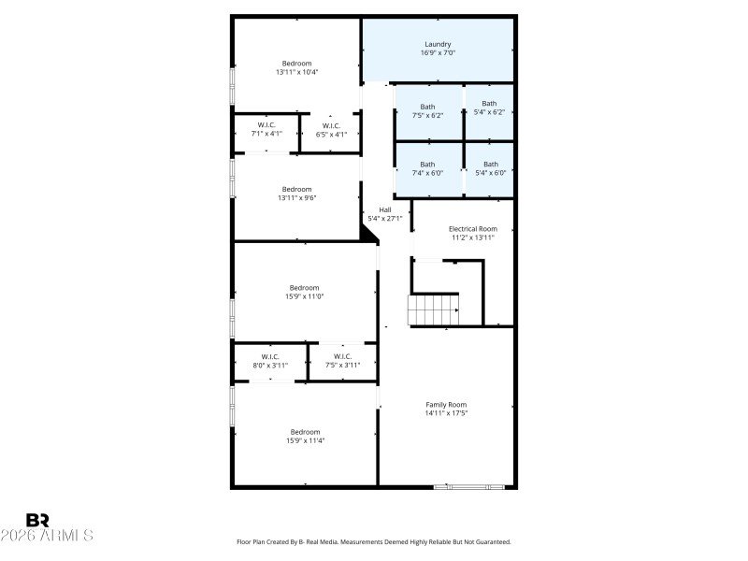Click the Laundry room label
438,44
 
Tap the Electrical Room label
472,228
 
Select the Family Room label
446,404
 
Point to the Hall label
384,209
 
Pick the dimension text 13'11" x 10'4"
297,72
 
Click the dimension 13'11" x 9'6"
297,197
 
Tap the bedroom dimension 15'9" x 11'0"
304,296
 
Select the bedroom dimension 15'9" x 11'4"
304,440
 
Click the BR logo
37,520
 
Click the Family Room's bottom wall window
469,486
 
